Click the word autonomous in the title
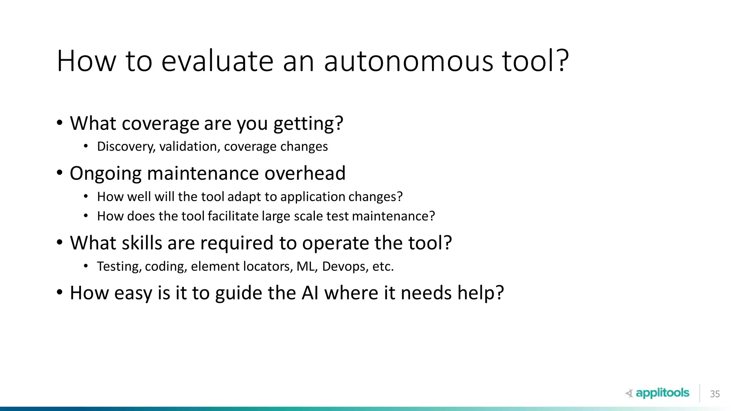pos(408,61)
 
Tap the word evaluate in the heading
pos(217,61)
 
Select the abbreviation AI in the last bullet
pos(310,293)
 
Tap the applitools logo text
pos(662,393)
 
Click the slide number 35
pos(715,394)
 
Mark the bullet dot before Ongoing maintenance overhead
pos(60,173)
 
